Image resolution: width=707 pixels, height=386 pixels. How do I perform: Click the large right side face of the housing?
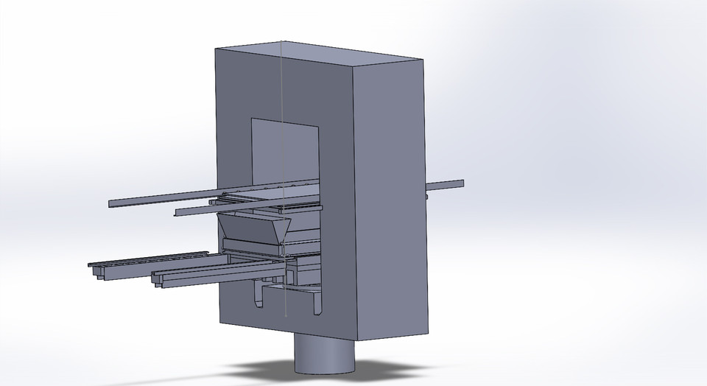pyautogui.click(x=390, y=199)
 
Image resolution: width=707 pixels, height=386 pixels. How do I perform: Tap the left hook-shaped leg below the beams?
pyautogui.click(x=258, y=298)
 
